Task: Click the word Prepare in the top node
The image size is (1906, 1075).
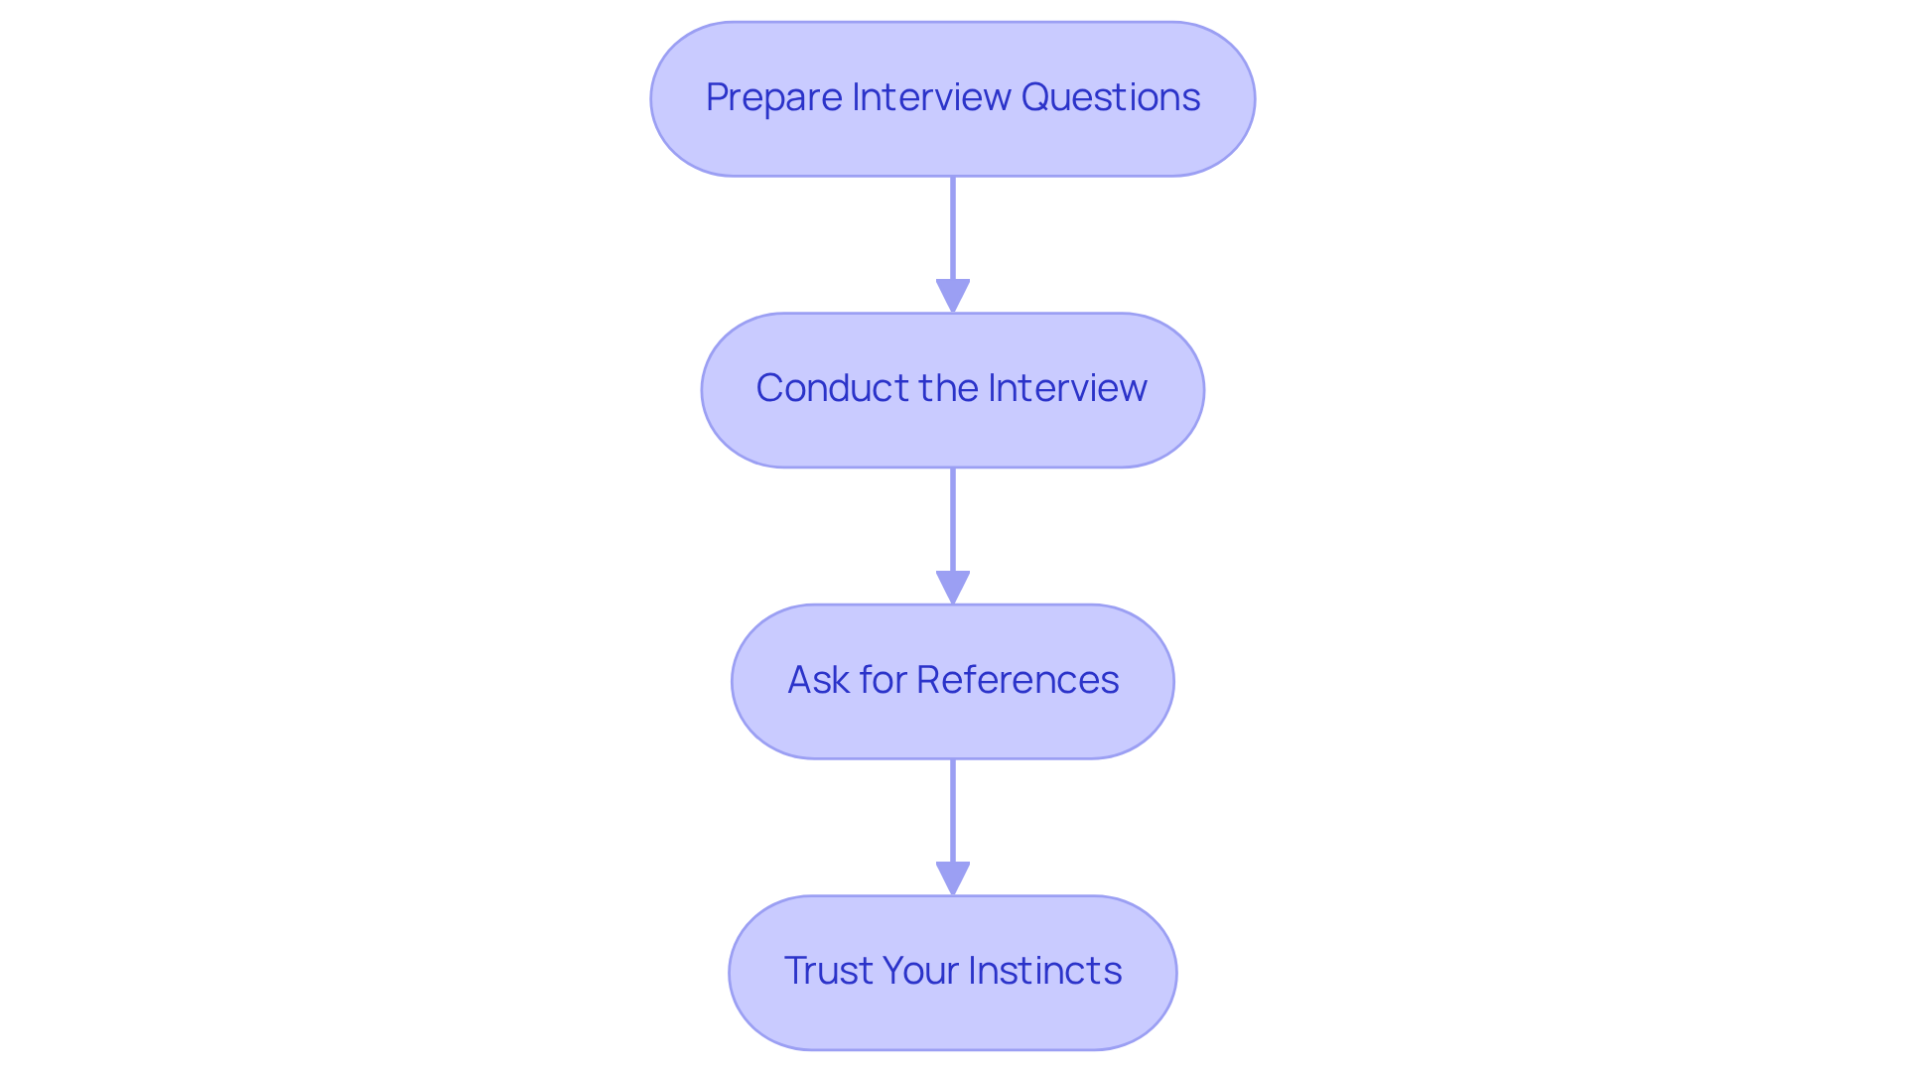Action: point(774,97)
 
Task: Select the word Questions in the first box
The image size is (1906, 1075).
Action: point(1110,97)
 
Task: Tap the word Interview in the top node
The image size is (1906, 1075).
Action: point(931,97)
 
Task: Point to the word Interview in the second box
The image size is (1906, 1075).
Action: point(1067,388)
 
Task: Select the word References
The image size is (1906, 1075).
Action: point(1017,680)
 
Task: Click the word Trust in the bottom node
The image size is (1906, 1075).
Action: point(826,971)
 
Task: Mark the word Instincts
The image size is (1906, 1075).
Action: point(1044,971)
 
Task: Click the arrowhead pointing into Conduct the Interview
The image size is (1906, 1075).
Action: point(953,296)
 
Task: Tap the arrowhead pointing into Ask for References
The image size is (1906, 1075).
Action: point(953,587)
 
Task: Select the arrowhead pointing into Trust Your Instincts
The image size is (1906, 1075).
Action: point(953,877)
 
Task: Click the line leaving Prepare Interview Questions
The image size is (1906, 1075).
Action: point(953,228)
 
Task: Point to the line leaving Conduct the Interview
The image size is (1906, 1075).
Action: point(953,519)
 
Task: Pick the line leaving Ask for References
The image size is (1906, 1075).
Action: point(953,810)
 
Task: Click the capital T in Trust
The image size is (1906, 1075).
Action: point(794,971)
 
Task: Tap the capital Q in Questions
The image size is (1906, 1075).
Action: point(1036,97)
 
